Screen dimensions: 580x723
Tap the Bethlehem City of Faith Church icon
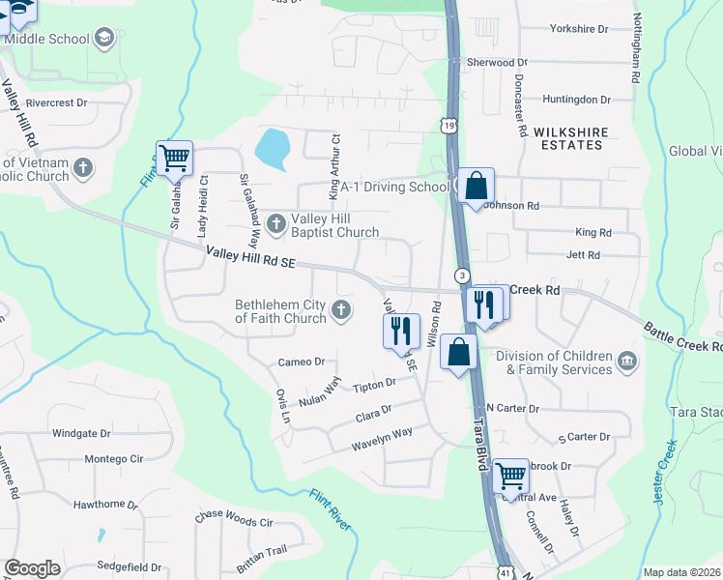(340, 310)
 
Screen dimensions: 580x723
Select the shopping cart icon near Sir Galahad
(174, 158)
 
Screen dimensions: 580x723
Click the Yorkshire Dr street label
(577, 29)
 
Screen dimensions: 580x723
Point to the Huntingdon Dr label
(577, 99)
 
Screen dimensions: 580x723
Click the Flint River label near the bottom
(331, 508)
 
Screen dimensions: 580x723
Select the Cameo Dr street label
(301, 362)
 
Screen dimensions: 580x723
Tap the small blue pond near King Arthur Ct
(272, 148)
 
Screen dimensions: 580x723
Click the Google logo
(32, 568)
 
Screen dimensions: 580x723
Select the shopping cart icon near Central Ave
(510, 477)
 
